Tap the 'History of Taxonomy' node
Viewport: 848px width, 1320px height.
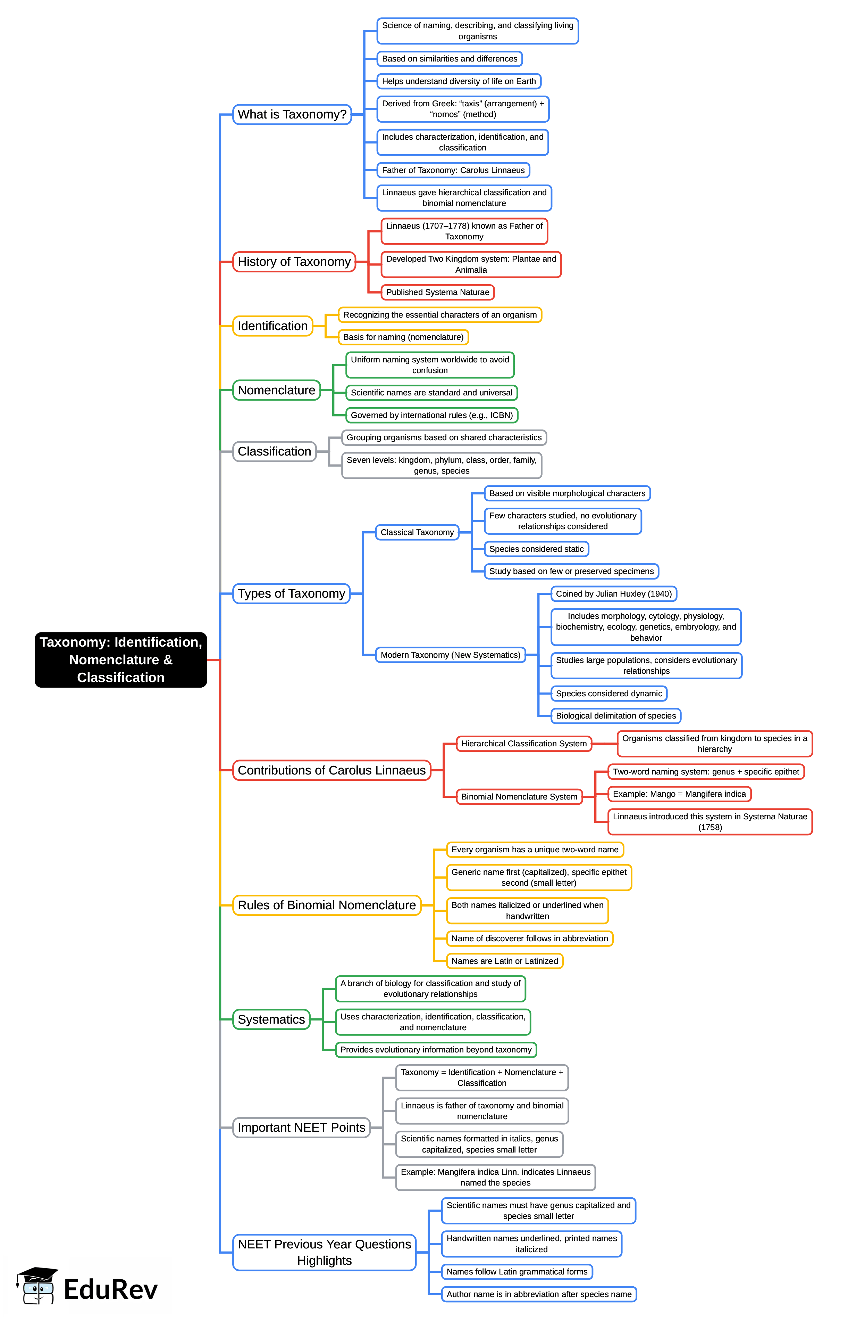[294, 261]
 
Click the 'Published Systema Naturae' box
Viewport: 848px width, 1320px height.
[437, 292]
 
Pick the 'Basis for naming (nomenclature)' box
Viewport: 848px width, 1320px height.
[403, 337]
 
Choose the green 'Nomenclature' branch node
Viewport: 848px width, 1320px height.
[276, 390]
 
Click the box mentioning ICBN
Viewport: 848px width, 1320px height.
[432, 415]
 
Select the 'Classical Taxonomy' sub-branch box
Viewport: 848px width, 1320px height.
[417, 532]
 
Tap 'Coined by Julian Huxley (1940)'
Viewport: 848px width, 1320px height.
[613, 593]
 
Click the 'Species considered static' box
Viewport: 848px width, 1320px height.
[536, 549]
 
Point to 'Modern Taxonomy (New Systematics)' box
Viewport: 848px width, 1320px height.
[450, 655]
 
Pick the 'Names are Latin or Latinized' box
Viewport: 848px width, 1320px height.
[504, 961]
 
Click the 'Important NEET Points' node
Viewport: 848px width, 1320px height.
[301, 1127]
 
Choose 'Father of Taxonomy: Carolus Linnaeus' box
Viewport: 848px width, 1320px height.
[453, 170]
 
